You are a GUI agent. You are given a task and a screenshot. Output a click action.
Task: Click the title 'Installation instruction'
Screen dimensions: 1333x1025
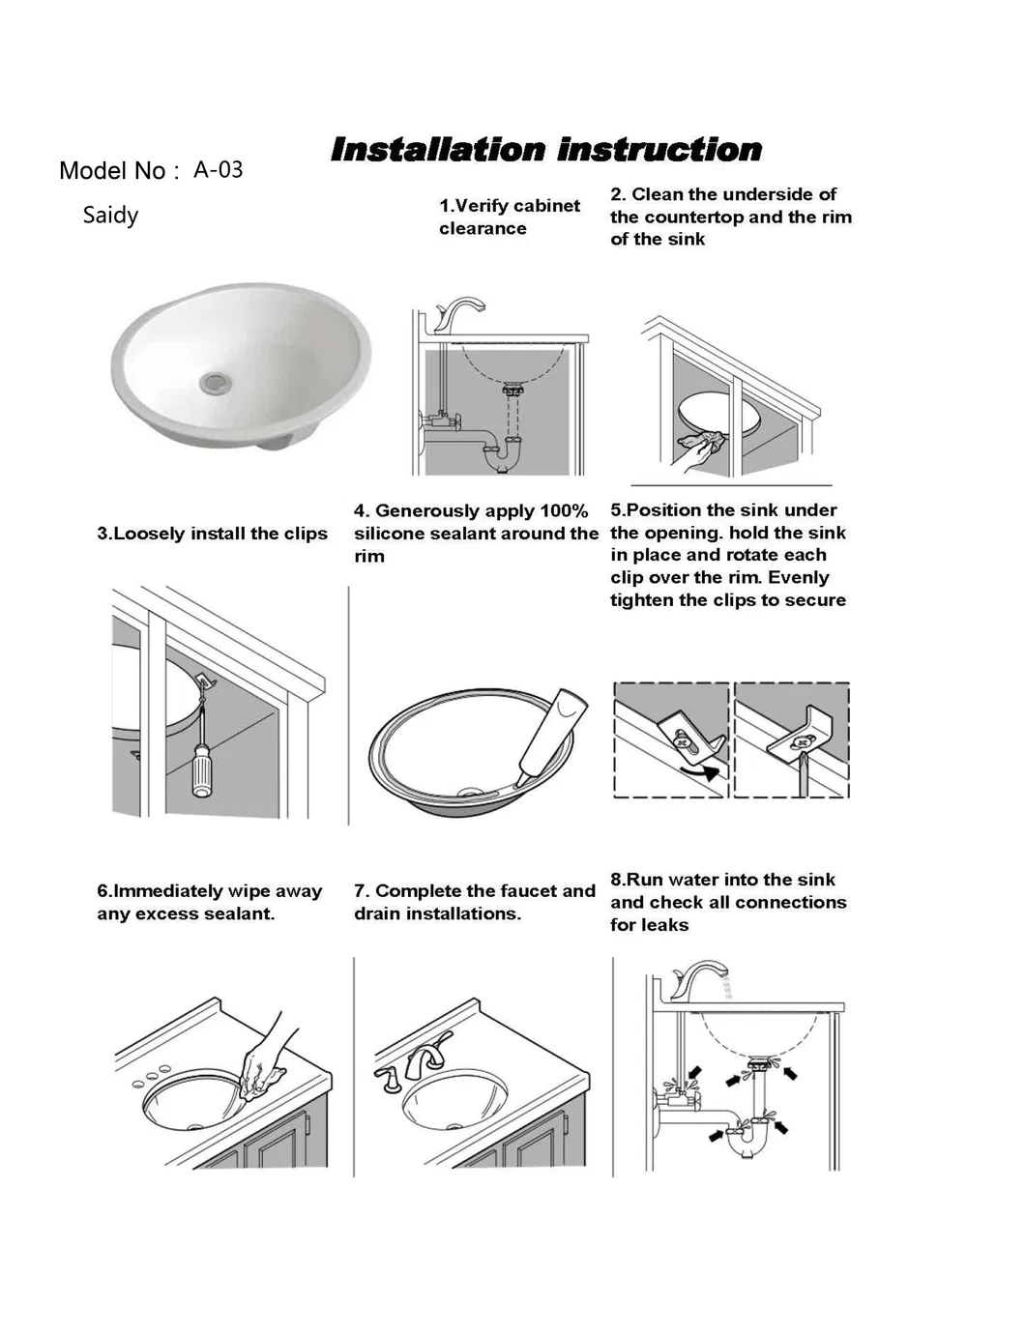click(545, 150)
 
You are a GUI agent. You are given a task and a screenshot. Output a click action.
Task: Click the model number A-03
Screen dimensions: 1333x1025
click(218, 170)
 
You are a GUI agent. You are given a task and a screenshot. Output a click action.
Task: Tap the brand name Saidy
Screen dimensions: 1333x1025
click(110, 215)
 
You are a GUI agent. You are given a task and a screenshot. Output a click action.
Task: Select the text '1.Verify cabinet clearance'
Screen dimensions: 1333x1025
click(509, 217)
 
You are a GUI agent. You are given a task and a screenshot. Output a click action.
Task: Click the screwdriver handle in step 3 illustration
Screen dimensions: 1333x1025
click(202, 770)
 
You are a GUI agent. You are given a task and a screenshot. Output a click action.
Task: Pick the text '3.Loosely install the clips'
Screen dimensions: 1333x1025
click(212, 534)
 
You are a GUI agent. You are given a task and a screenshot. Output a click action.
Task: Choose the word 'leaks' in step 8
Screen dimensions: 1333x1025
click(664, 925)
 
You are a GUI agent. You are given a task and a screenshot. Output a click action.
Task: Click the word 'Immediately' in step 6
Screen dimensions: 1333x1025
click(168, 891)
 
